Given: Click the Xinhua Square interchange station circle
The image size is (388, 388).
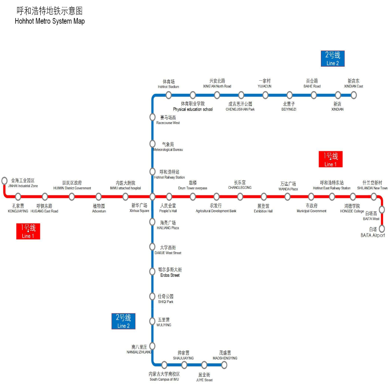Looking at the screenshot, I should click(x=152, y=197).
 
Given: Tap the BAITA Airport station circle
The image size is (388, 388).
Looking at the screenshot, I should click(x=382, y=229).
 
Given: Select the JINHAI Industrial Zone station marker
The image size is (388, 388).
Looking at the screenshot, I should click(x=4, y=180).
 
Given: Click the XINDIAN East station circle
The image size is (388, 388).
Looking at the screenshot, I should click(x=353, y=95).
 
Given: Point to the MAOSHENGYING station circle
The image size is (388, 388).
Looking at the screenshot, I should click(x=224, y=365).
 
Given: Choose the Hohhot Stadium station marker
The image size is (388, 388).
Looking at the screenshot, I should click(x=168, y=95).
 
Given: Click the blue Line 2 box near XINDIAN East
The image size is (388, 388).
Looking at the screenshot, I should click(x=333, y=58).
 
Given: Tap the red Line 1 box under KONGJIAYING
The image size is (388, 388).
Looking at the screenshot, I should click(x=28, y=231).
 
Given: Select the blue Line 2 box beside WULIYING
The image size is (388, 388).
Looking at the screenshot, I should click(x=123, y=321).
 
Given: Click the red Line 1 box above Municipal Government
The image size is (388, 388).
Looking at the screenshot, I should click(x=331, y=159).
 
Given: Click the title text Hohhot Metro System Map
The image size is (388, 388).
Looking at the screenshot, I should click(x=50, y=21).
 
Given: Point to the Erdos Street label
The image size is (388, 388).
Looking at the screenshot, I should click(x=170, y=275).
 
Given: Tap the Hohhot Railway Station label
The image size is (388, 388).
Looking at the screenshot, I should click(x=170, y=177).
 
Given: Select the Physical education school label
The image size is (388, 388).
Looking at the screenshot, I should click(x=193, y=109).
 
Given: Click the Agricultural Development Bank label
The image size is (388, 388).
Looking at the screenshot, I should click(x=216, y=211).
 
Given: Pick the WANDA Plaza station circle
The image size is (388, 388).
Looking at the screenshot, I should click(x=288, y=197).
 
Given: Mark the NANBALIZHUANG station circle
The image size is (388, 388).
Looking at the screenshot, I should click(x=152, y=346).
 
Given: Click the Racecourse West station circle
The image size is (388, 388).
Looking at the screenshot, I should click(x=152, y=117).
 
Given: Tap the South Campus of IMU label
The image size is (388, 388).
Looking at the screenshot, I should click(x=165, y=379).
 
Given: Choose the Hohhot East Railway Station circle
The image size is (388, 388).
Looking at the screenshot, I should click(x=332, y=197).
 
